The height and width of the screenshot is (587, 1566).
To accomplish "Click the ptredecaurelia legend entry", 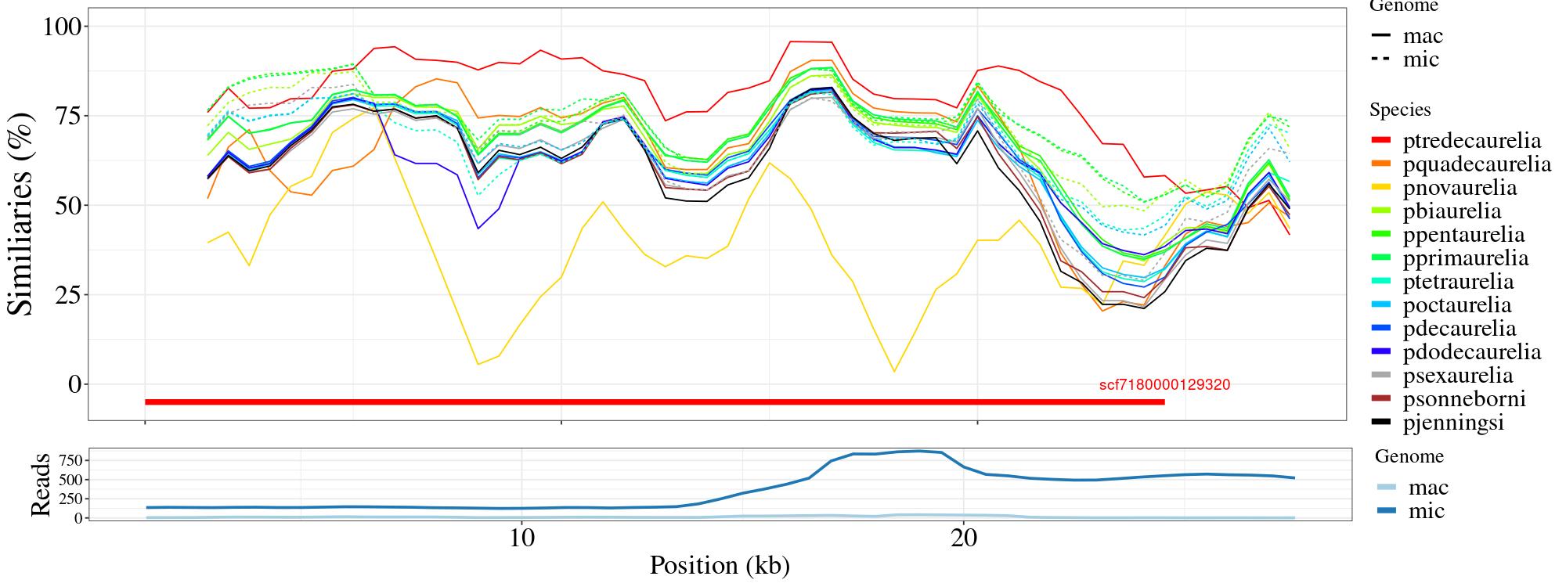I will [1471, 141].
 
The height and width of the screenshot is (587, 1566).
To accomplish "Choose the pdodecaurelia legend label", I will [1471, 352].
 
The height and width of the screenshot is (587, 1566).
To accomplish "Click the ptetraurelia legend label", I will [1458, 282].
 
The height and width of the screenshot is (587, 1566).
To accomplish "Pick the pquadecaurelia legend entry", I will [1477, 164].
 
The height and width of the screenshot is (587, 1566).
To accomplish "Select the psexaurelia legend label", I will [1458, 376].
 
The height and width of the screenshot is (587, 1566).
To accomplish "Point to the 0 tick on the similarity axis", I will [74, 384].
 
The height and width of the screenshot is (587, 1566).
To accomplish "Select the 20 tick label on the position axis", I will [964, 539].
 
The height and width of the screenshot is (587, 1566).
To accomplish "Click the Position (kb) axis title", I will [719, 565].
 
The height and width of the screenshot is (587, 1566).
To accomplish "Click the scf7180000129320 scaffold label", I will [1164, 385].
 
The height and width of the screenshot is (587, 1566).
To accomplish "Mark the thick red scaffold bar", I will [655, 402].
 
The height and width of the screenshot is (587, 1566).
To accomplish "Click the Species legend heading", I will [1400, 110].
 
